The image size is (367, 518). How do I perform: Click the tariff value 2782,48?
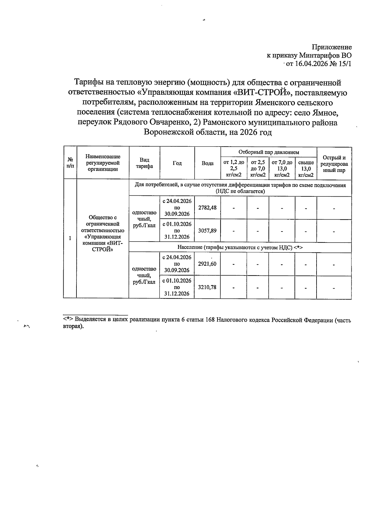pyautogui.click(x=207, y=208)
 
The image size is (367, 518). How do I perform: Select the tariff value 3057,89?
pyautogui.click(x=207, y=231)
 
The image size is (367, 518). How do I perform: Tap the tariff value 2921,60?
pyautogui.click(x=207, y=264)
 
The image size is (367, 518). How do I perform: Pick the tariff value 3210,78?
pyautogui.click(x=207, y=287)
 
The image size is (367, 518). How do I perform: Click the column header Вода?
pyautogui.click(x=208, y=163)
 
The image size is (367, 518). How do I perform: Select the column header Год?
pyautogui.click(x=177, y=163)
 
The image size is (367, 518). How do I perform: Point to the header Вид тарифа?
pyautogui.click(x=144, y=163)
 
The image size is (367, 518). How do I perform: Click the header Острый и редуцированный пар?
pyautogui.click(x=334, y=164)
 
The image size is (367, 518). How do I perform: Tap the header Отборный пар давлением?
pyautogui.click(x=269, y=152)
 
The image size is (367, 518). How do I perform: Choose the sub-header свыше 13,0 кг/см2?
pyautogui.click(x=306, y=169)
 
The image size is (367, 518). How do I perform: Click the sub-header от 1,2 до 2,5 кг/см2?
pyautogui.click(x=234, y=169)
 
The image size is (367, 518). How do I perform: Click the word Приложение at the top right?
pyautogui.click(x=332, y=47)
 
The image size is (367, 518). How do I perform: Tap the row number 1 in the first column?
pyautogui.click(x=70, y=238)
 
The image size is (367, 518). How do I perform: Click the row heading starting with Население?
pyautogui.click(x=240, y=247)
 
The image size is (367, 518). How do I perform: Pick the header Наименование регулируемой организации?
pyautogui.click(x=103, y=163)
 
